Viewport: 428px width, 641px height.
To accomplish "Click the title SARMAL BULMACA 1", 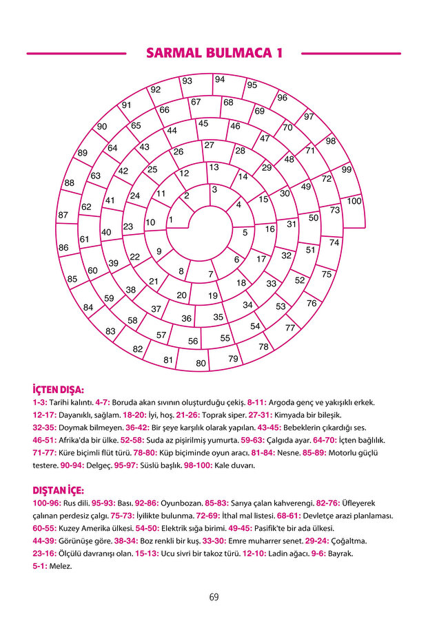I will tap(214, 53).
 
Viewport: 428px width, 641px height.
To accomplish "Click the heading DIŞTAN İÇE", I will tap(58, 490).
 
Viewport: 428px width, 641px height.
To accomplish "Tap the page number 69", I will tap(214, 597).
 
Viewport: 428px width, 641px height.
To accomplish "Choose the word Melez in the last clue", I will tap(60, 566).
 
